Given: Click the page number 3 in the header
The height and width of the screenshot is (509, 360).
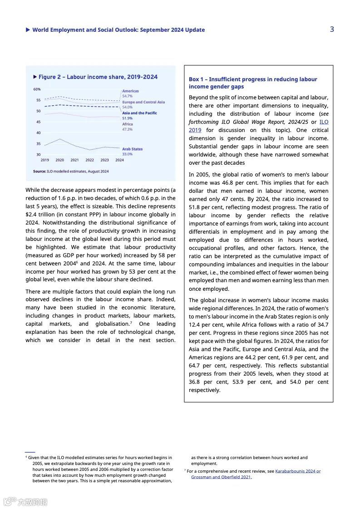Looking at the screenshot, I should (332, 29).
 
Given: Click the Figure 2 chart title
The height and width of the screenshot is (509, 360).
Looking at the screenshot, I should (98, 77).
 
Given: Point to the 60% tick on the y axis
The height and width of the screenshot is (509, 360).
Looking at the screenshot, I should (37, 89).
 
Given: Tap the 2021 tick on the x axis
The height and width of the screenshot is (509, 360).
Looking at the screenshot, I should (74, 160).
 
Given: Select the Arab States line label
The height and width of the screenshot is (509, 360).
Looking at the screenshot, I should (132, 149).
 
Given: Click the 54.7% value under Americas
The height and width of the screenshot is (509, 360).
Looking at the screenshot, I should (128, 96).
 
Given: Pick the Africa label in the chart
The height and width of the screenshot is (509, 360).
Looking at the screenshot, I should (128, 124).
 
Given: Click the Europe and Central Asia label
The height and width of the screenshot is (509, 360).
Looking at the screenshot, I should (143, 102).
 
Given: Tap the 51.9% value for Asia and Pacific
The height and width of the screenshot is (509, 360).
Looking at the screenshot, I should (128, 118).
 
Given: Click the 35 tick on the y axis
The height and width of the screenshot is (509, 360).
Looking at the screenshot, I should (38, 144).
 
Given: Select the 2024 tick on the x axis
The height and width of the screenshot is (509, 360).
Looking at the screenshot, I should (119, 160).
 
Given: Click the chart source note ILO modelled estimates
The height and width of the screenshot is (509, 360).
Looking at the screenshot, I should (71, 171).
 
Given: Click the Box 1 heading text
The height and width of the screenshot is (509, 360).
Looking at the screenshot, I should (253, 83).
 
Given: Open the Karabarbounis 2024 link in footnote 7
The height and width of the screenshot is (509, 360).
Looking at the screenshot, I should (298, 471).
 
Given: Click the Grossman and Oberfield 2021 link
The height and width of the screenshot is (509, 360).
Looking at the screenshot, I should (221, 477).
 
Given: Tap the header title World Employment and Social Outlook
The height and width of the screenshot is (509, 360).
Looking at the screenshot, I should (118, 30).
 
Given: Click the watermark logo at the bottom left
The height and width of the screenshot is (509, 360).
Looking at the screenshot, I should (25, 501).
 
